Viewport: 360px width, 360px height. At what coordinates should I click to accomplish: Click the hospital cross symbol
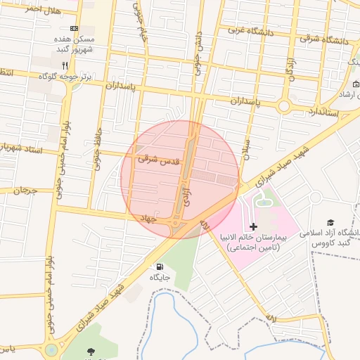click(254, 226)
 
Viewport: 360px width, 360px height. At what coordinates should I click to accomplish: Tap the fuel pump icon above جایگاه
click(160, 267)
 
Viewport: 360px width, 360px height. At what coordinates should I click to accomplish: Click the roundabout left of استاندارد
click(284, 106)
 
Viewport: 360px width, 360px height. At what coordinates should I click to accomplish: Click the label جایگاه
click(160, 278)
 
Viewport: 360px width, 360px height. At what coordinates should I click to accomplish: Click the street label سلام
click(246, 147)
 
